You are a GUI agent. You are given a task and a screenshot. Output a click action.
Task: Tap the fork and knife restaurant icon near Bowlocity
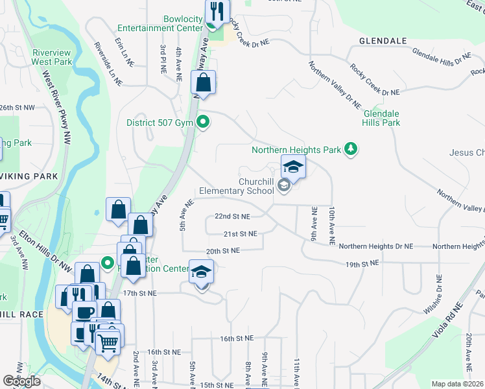pyautogui.click(x=217, y=12)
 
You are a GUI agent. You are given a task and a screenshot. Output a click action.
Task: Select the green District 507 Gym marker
pyautogui.click(x=203, y=122)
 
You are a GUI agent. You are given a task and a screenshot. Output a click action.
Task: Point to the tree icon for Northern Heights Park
pyautogui.click(x=351, y=150)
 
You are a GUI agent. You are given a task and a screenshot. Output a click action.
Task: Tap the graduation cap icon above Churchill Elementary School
pyautogui.click(x=293, y=167)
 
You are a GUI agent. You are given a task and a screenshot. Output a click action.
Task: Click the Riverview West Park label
pyautogui.click(x=51, y=56)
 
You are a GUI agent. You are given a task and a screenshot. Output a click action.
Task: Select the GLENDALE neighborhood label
pyautogui.click(x=383, y=41)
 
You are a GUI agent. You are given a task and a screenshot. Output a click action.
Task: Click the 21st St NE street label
pyautogui.click(x=240, y=233)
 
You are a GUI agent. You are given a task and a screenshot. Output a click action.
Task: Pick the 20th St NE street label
pyautogui.click(x=223, y=250)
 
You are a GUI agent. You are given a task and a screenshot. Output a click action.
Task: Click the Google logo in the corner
pyautogui.click(x=22, y=381)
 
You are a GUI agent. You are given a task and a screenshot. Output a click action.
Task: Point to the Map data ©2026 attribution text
pyautogui.click(x=457, y=384)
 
